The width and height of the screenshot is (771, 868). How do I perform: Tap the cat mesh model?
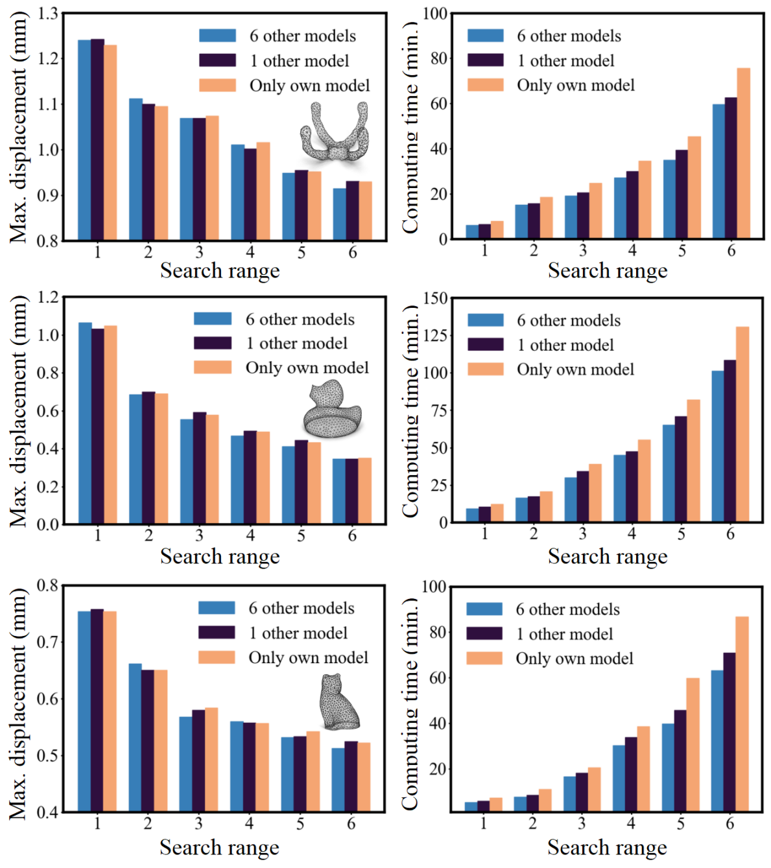click(x=338, y=702)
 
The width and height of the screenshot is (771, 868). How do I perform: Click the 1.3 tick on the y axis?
click(x=48, y=14)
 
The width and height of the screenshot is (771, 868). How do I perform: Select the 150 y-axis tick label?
click(x=435, y=298)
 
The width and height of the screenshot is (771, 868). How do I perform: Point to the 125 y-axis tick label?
click(x=435, y=335)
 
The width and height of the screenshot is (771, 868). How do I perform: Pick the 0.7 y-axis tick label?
click(x=47, y=642)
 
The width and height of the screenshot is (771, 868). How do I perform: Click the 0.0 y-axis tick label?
click(x=48, y=524)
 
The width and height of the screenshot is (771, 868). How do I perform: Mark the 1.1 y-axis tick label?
click(x=48, y=104)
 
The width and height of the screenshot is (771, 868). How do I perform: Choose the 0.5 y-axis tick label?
click(x=47, y=755)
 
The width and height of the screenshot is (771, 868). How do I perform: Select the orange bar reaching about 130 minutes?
click(x=742, y=425)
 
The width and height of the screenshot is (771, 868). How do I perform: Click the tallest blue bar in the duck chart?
click(x=85, y=423)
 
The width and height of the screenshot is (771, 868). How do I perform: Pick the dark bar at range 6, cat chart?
click(x=351, y=776)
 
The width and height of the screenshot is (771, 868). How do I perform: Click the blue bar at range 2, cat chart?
click(x=135, y=737)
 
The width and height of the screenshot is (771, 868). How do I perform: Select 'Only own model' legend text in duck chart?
click(x=307, y=368)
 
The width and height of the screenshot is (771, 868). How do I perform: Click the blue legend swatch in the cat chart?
click(x=217, y=608)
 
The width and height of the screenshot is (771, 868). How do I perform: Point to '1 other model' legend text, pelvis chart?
click(x=300, y=61)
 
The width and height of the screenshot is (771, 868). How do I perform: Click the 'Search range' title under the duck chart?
click(x=220, y=557)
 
